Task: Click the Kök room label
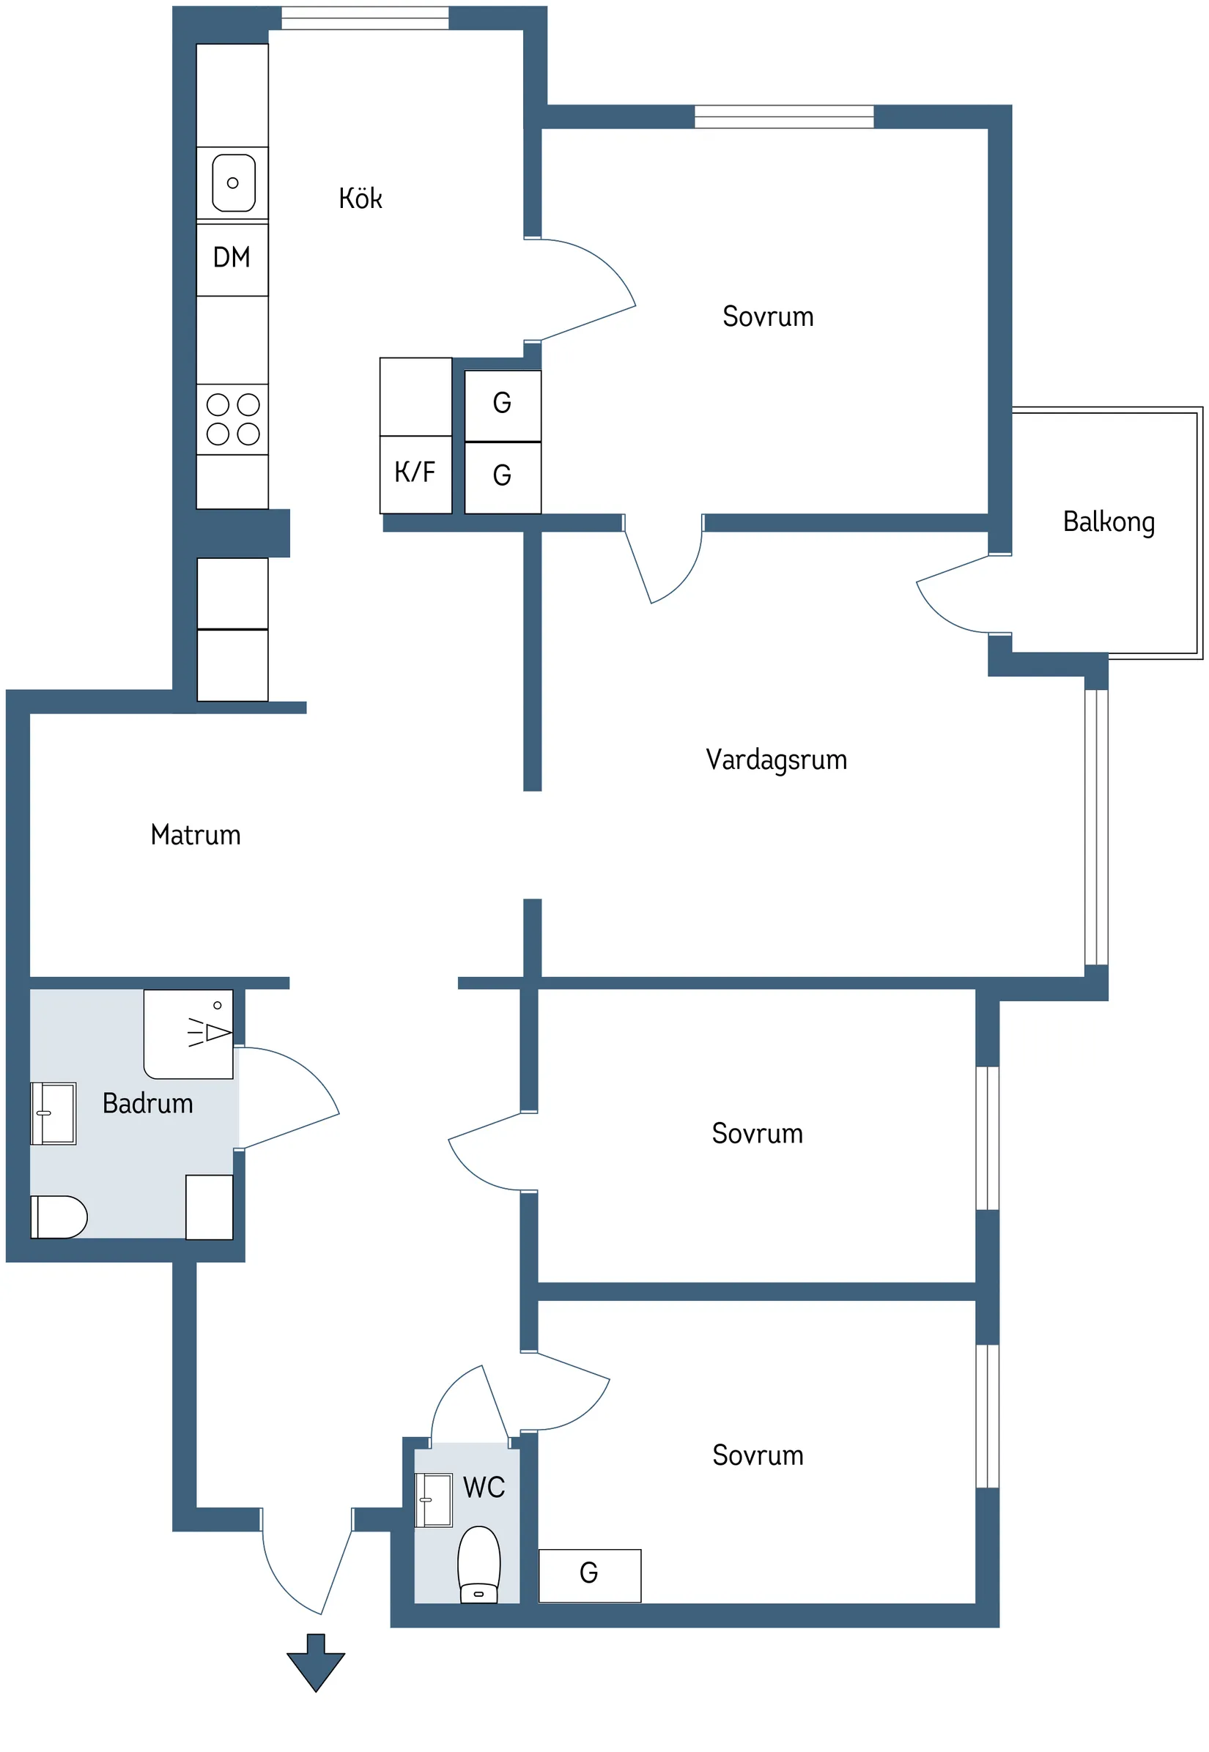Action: tap(360, 198)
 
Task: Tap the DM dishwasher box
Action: tap(232, 258)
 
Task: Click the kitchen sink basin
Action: tap(233, 182)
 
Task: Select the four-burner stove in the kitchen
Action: tap(232, 420)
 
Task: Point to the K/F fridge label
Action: tap(415, 472)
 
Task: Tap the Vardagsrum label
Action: tap(776, 760)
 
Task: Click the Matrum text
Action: tap(196, 835)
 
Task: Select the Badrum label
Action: tap(148, 1104)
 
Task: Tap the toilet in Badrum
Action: tap(59, 1217)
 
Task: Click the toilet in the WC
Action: tap(478, 1564)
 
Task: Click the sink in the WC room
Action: tap(434, 1500)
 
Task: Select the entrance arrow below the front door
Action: tap(316, 1662)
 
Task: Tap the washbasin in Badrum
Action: tap(53, 1114)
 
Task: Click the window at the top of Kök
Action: tap(365, 18)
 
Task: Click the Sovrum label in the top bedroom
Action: tap(767, 316)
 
